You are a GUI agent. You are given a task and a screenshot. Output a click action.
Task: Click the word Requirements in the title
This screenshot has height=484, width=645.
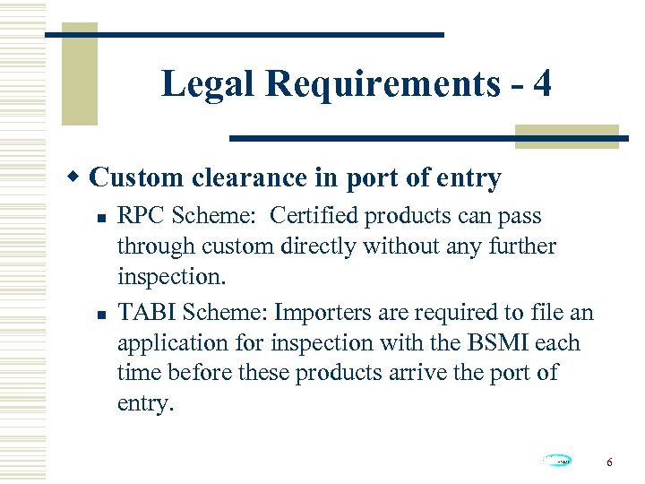coord(383,84)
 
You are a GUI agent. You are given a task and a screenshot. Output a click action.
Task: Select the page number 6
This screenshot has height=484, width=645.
coord(609,462)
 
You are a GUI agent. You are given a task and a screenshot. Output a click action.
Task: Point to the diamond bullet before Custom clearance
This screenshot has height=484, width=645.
coord(78,177)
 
